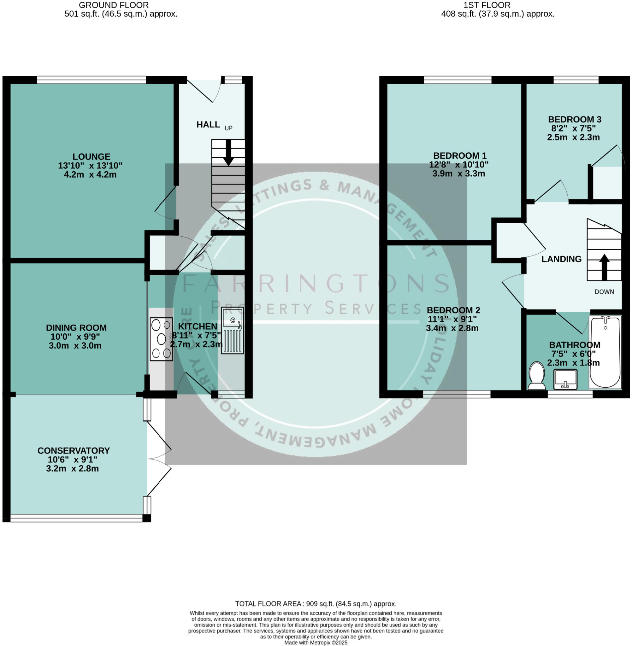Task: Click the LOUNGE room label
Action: coord(92,156)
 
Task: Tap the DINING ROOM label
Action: coord(76,328)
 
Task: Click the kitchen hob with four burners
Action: coord(161,339)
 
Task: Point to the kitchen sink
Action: coord(232,330)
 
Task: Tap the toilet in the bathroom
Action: coord(536,376)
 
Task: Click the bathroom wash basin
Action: coord(565,379)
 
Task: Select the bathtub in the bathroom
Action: coord(605,352)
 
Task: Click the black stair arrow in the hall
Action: coord(228,153)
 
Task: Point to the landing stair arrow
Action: coord(604,267)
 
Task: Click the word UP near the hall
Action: coord(229,128)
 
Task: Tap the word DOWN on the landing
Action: coord(604,292)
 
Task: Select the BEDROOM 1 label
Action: coord(460,155)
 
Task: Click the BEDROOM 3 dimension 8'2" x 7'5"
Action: coord(574,128)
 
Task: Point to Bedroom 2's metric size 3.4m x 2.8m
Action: coord(452,328)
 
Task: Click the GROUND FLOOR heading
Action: coord(114,5)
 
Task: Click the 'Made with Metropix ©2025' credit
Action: coord(316,643)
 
